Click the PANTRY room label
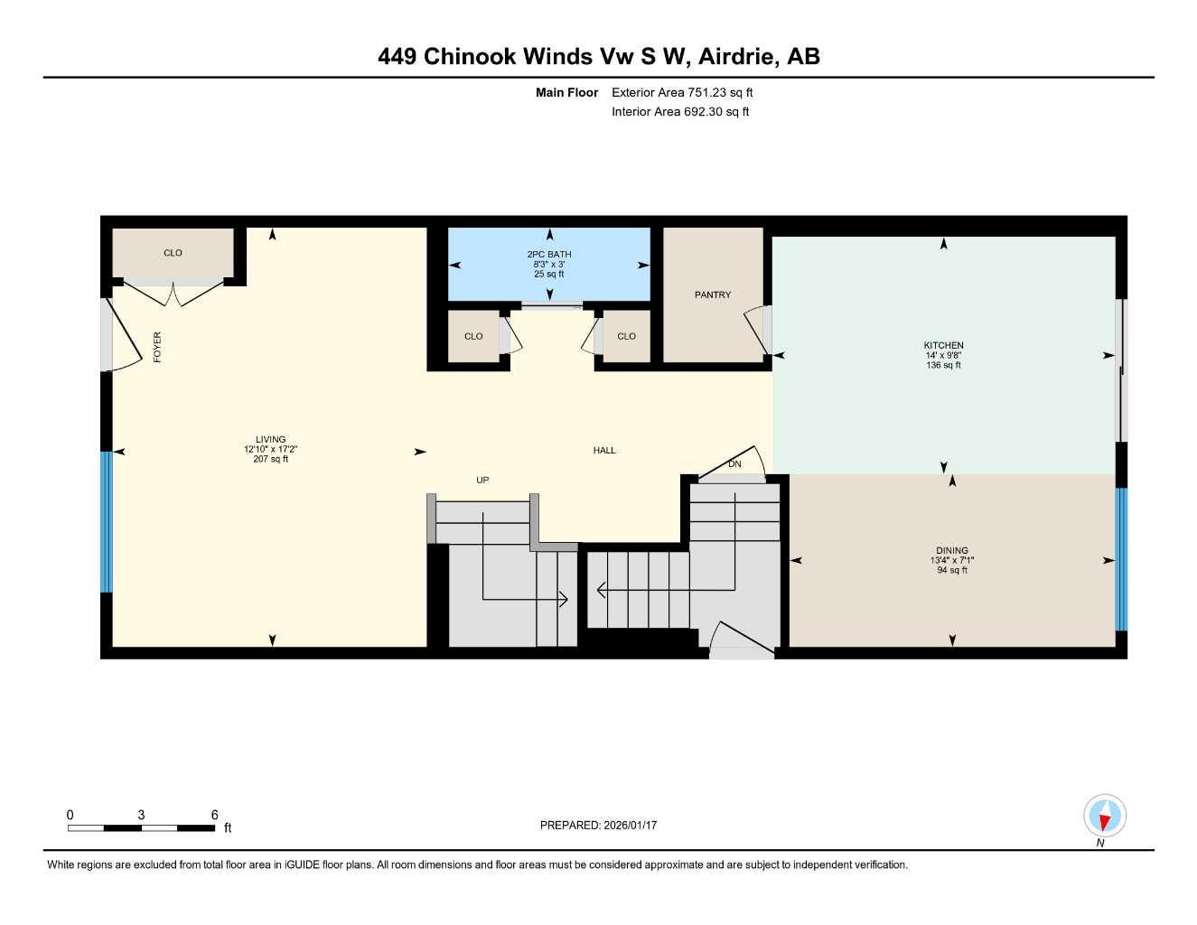(x=713, y=295)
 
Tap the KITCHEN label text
(x=943, y=345)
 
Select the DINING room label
(x=952, y=550)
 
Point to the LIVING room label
(x=270, y=440)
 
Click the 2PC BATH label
(x=549, y=255)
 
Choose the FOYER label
(x=157, y=347)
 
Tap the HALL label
(x=604, y=450)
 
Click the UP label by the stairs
(x=482, y=480)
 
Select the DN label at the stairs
(x=734, y=464)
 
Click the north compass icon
(x=1104, y=818)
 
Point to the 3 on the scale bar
(x=141, y=815)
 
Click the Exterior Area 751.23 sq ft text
(x=682, y=92)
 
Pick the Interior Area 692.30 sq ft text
(x=680, y=112)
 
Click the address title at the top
(x=598, y=56)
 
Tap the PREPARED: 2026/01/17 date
(x=598, y=825)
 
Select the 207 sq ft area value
(x=270, y=460)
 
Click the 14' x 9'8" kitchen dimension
(x=943, y=356)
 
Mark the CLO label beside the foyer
(x=173, y=253)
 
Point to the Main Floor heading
(x=566, y=92)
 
